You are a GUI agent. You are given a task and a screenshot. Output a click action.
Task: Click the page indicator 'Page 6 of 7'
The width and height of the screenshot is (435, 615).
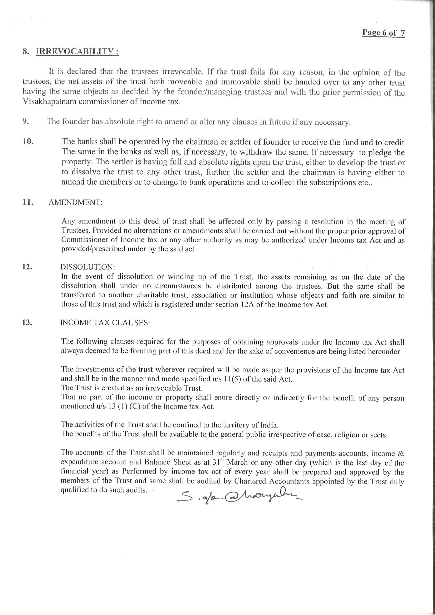tap(383, 33)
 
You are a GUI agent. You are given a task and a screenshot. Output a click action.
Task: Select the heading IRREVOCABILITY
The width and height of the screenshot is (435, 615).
tap(77, 51)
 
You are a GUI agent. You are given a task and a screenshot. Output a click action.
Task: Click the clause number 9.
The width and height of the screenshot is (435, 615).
tap(26, 121)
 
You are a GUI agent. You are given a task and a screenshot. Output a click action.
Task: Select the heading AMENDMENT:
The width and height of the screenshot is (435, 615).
tap(76, 203)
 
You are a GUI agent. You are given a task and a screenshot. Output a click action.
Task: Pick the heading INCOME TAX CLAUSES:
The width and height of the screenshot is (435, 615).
tap(105, 322)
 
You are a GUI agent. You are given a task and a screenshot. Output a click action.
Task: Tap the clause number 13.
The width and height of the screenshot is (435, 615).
tap(27, 322)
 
